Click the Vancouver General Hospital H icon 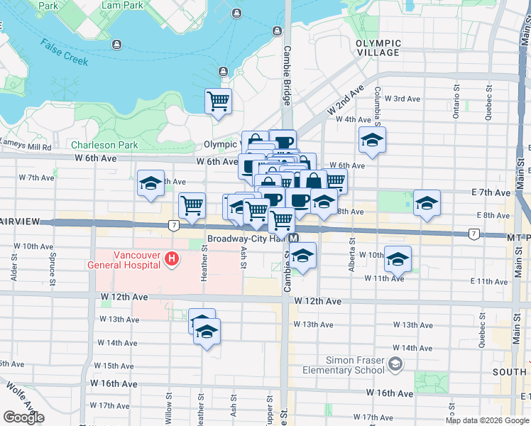[171, 260]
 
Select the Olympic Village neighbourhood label [378, 48]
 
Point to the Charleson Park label [104, 145]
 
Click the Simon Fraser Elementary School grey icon [395, 365]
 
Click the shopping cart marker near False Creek [219, 101]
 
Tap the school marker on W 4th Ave [371, 141]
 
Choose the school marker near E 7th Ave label [426, 204]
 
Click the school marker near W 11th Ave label [398, 259]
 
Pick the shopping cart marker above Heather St [192, 206]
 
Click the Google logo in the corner [23, 417]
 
